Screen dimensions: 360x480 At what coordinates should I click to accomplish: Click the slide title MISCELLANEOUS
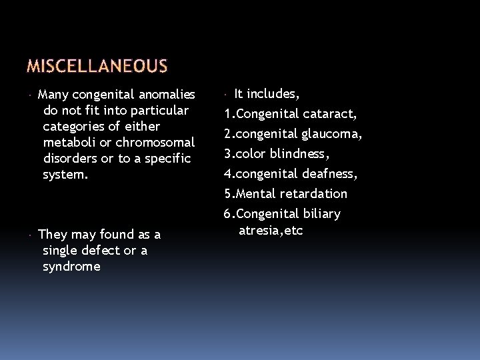pos(98,66)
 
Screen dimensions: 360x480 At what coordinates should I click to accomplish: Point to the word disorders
pos(71,158)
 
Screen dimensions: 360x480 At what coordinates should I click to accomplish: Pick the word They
pos(52,234)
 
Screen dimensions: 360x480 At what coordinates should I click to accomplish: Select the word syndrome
pos(71,266)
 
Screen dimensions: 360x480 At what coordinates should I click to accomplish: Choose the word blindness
pos(302,154)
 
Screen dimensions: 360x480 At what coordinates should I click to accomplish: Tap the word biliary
pos(319,214)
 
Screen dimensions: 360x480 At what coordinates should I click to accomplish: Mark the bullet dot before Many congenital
pos(31,94)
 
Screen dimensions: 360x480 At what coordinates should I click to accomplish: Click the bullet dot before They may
pos(31,235)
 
